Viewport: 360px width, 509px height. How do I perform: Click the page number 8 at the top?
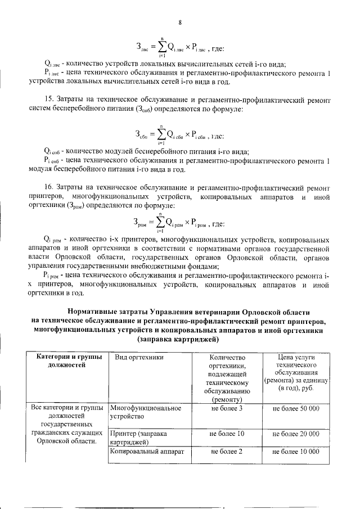[180, 22]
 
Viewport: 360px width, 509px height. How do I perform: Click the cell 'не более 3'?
[227, 407]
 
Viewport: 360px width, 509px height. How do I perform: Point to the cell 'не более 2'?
[227, 451]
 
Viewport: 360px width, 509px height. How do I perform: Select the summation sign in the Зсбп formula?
[162, 134]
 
